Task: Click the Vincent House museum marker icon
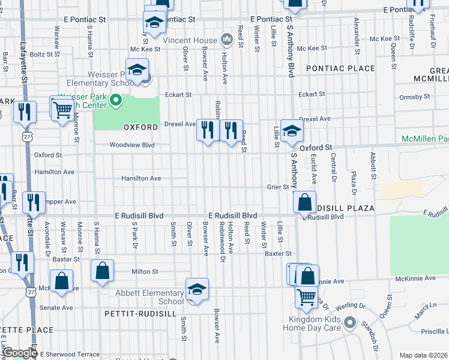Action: coord(227,40)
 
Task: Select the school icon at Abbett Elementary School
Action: coord(197,290)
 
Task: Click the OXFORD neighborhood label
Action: coord(140,127)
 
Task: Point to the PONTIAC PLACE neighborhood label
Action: coord(340,69)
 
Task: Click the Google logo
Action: coord(20,353)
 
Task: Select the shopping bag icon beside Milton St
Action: coord(103,271)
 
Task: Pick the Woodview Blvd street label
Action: coord(132,145)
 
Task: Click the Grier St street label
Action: coord(278,187)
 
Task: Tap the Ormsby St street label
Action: coord(411,97)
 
